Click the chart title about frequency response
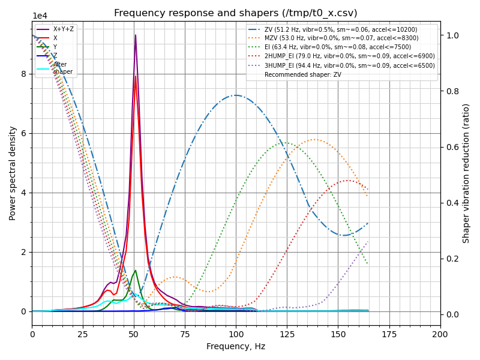236,13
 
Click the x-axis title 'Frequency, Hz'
236,346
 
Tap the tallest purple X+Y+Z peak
136,35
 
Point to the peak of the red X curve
136,76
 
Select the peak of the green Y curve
136,270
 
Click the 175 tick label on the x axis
389,334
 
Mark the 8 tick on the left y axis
24,74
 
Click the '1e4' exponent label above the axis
40,16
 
